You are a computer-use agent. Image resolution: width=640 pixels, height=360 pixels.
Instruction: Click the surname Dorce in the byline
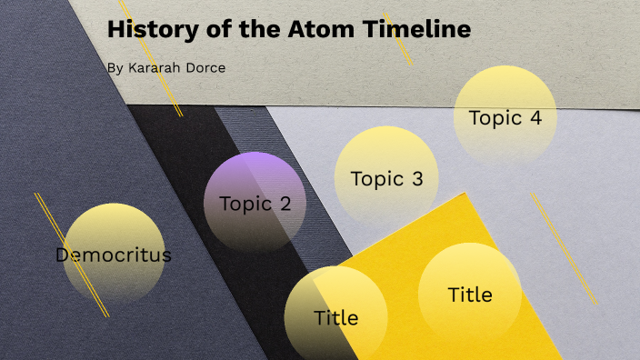pos(205,67)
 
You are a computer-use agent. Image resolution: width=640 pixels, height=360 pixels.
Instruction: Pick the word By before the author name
pos(114,67)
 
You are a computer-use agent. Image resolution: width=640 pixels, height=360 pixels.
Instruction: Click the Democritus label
pos(113,255)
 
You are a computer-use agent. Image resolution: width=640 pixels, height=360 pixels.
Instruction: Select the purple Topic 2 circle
pos(255,182)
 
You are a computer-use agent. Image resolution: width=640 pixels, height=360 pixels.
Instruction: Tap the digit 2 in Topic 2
pos(285,204)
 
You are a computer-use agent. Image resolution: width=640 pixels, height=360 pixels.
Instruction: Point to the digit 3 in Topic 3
pos(417,179)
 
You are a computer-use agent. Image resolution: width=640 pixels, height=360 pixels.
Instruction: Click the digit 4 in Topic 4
pos(536,118)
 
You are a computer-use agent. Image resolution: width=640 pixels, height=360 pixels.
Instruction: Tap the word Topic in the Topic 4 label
pos(495,118)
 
